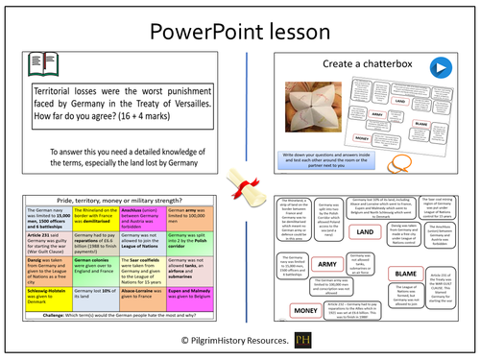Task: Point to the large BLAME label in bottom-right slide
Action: (x=399, y=274)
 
